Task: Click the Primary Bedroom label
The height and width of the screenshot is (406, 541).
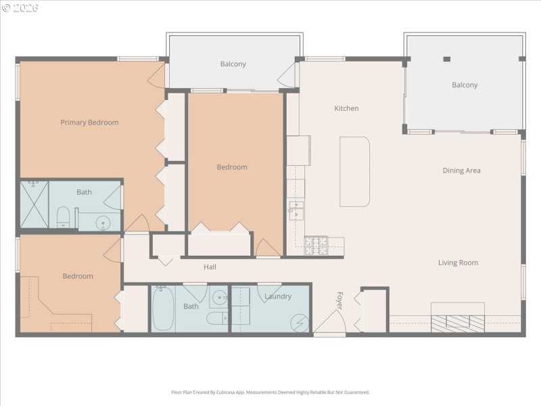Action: tap(89, 122)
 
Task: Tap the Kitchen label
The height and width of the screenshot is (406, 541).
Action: tap(346, 108)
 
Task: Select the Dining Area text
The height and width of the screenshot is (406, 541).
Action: tap(461, 171)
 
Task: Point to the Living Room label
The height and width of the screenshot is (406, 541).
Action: tap(458, 263)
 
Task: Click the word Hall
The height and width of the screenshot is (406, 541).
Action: tap(210, 267)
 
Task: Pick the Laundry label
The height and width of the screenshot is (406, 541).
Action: tap(278, 296)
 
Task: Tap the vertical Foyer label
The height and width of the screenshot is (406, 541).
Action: tap(339, 300)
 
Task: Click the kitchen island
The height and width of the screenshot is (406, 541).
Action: tap(354, 172)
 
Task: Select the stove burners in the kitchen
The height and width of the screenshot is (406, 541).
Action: tap(316, 245)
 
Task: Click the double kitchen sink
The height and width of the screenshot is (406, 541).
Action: tap(296, 210)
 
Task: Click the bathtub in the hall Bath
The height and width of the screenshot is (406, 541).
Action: tap(162, 309)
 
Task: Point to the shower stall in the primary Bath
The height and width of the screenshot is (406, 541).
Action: tap(34, 205)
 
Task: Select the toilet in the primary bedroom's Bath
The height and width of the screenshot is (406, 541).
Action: tap(63, 217)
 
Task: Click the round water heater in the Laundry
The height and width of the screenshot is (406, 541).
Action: tap(298, 323)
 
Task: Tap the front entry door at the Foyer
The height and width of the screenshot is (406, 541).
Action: tap(330, 328)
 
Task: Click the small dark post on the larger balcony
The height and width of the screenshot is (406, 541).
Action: tap(446, 60)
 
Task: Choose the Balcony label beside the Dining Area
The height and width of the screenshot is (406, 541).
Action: tap(465, 85)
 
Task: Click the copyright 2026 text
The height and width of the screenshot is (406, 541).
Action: tap(20, 7)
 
